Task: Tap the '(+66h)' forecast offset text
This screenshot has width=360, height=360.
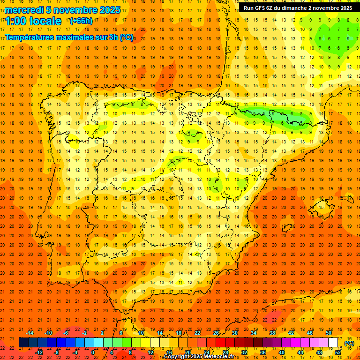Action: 81,21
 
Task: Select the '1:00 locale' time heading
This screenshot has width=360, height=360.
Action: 34,21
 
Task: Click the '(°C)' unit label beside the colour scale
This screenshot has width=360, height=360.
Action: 349,343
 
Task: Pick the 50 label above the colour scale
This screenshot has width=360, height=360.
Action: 329,333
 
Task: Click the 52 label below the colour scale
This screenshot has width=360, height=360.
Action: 338,352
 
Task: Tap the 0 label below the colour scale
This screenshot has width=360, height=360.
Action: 93,352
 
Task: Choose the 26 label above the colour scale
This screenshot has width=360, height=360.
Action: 216,333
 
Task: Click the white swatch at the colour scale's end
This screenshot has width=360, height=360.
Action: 333,343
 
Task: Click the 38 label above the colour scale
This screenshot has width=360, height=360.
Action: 272,333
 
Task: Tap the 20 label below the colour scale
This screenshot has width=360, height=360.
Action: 188,352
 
